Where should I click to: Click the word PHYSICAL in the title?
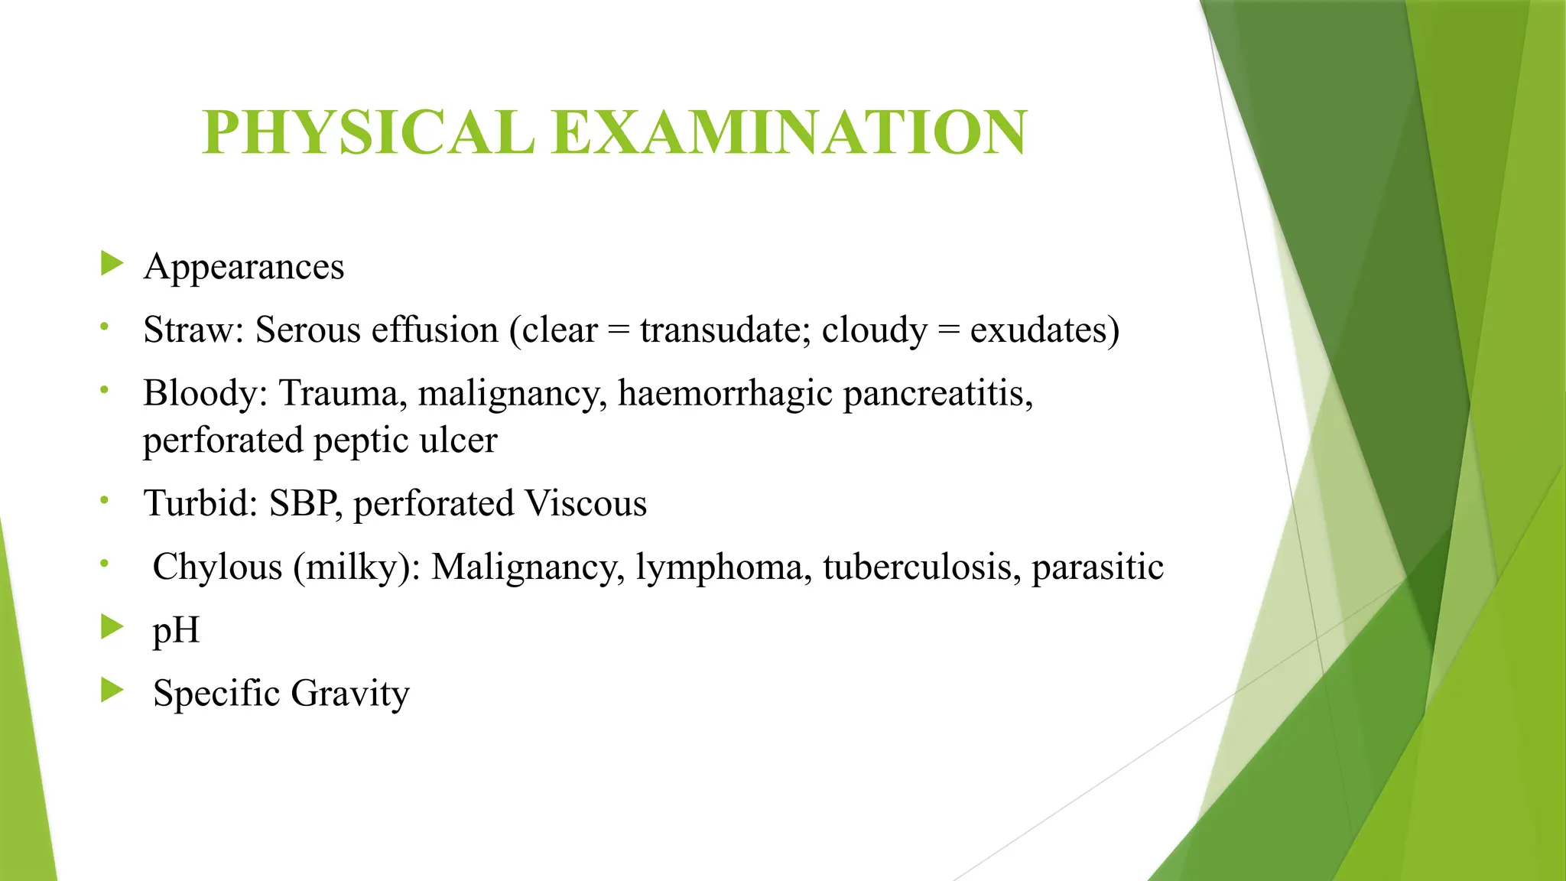click(368, 132)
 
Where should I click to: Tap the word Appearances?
click(244, 267)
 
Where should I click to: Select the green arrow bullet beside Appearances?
click(112, 264)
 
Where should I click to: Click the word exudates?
click(1038, 330)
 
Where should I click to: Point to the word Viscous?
click(586, 504)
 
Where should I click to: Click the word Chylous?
click(217, 567)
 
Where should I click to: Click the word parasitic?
click(1097, 567)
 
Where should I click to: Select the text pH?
click(176, 632)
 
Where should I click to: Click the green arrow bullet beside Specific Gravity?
click(112, 691)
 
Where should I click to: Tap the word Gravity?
click(350, 694)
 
